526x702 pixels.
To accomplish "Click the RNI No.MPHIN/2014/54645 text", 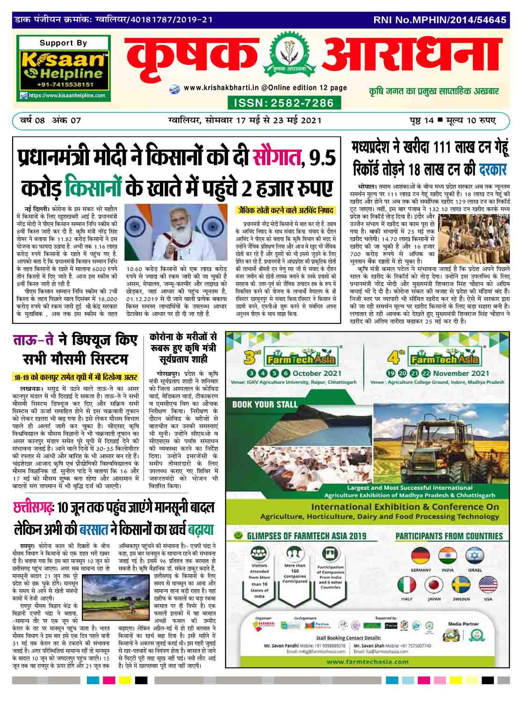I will pos(440,20).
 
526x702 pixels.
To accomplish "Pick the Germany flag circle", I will pos(420,556).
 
